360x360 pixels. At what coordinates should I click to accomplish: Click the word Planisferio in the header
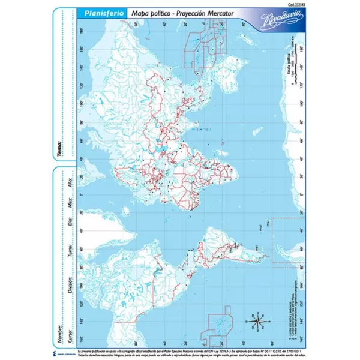coord(91,13)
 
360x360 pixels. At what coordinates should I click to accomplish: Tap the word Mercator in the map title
coord(207,13)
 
